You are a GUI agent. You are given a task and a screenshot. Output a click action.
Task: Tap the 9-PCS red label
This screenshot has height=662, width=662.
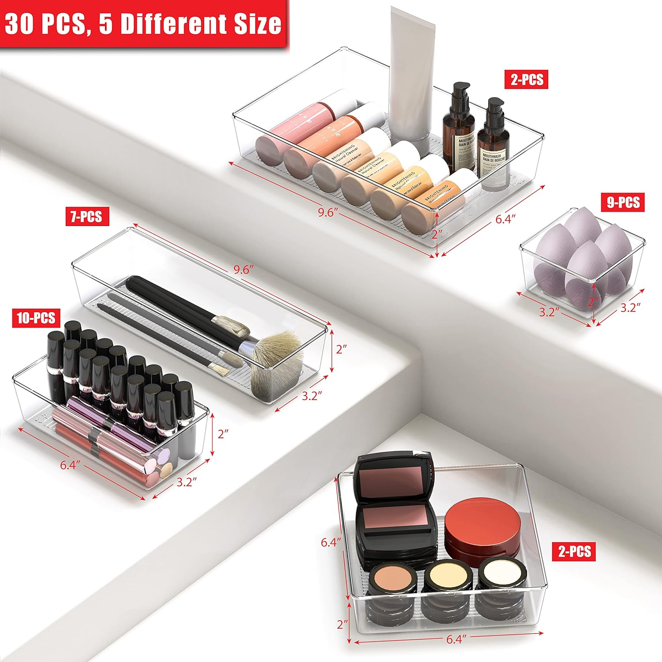tap(623, 202)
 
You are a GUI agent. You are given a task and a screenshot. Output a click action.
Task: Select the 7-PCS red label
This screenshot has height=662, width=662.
tap(87, 217)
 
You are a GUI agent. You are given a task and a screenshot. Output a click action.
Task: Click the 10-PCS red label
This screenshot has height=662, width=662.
tap(36, 318)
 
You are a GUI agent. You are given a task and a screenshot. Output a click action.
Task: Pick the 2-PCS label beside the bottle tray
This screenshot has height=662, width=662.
tap(527, 80)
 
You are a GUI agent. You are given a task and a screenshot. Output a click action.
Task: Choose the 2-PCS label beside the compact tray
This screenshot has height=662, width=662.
tap(574, 551)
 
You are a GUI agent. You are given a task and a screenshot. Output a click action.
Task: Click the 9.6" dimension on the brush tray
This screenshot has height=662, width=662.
tap(241, 270)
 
